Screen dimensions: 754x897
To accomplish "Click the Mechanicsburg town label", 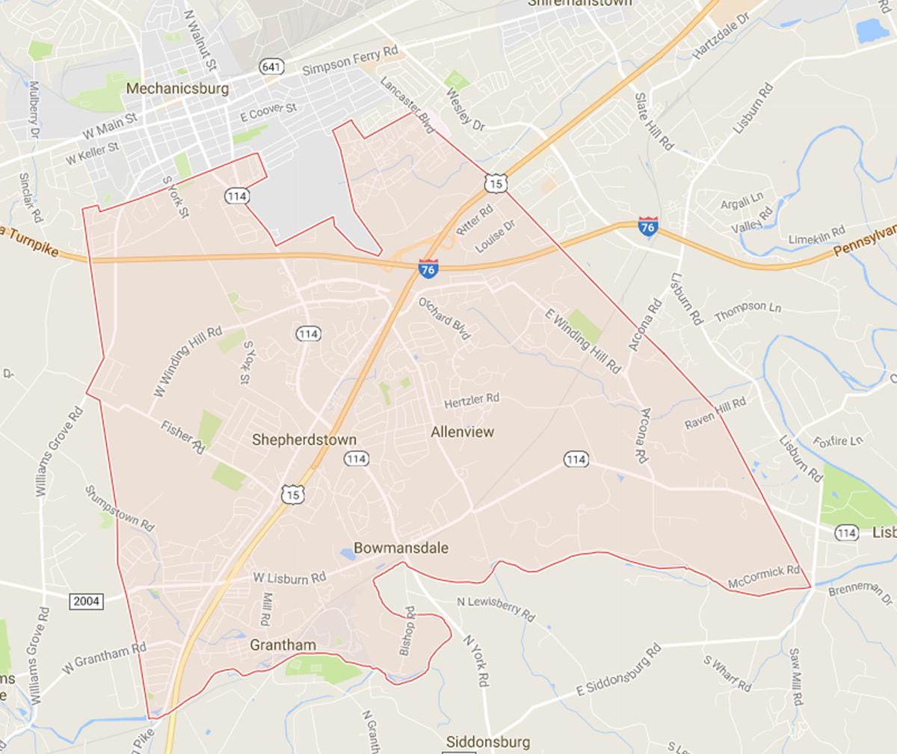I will tap(178, 88).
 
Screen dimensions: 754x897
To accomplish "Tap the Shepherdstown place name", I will tap(303, 439).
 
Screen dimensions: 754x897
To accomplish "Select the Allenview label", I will tap(463, 431).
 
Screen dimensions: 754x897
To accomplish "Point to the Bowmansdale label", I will tap(401, 548).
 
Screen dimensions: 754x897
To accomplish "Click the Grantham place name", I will tap(283, 644).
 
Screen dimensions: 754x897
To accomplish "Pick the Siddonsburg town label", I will tap(487, 742).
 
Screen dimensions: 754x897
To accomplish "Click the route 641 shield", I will tap(272, 67).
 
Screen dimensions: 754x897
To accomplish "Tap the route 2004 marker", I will tap(87, 600).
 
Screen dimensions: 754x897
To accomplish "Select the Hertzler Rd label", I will tap(471, 401).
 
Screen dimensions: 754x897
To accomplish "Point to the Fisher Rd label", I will tap(182, 436).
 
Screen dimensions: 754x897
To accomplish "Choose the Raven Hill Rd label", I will tap(715, 413).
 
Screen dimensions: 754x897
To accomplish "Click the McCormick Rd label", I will tap(764, 577).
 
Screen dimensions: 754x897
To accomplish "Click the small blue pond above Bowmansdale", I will tap(348, 554).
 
